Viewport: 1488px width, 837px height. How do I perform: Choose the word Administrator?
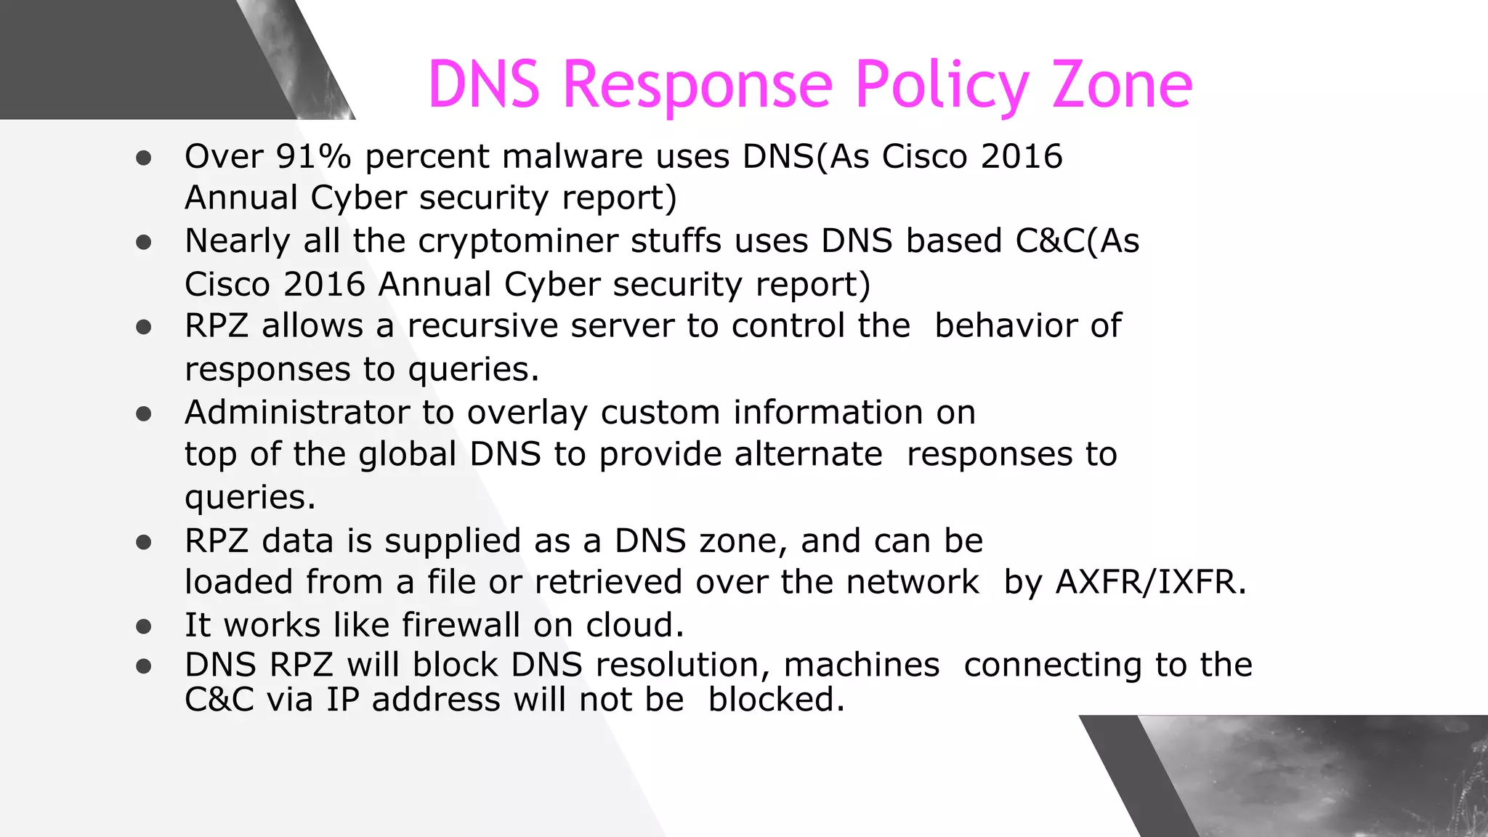(297, 412)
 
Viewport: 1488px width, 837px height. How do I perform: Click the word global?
(408, 455)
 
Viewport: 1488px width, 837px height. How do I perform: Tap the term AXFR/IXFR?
(1151, 582)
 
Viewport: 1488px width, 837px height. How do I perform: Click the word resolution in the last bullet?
(683, 665)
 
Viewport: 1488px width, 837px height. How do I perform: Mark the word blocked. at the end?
(777, 700)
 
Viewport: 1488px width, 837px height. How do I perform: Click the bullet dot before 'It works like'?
(144, 626)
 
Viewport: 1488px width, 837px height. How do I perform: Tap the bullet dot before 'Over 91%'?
(144, 158)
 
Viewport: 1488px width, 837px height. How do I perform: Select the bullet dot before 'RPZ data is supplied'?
(144, 542)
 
